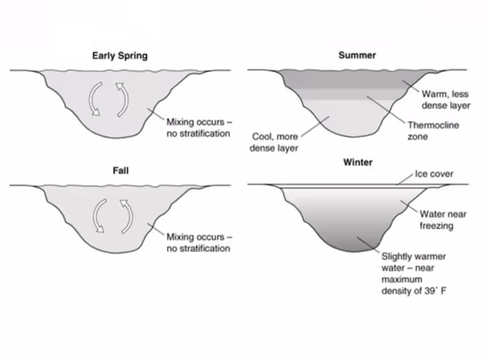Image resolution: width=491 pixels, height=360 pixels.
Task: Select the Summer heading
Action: click(357, 56)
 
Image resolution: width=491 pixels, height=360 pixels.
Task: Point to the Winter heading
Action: click(357, 162)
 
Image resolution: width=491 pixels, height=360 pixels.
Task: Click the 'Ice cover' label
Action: click(434, 174)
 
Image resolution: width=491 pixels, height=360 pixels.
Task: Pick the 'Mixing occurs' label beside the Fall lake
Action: click(197, 237)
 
